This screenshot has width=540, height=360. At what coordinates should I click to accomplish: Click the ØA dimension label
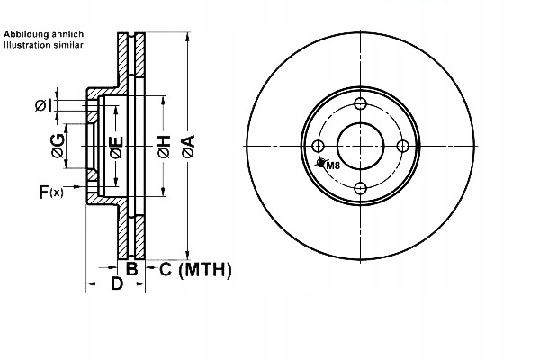(x=188, y=146)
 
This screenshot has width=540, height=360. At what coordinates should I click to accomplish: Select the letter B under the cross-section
(x=131, y=268)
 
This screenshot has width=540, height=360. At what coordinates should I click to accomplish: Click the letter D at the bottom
(x=117, y=285)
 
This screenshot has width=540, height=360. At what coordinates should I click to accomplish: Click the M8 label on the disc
(x=333, y=166)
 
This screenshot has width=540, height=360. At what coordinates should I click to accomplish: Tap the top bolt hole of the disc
(x=361, y=104)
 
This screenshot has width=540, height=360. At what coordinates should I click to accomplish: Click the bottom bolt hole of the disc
(x=361, y=187)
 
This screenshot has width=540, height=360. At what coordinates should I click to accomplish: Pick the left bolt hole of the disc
(x=319, y=146)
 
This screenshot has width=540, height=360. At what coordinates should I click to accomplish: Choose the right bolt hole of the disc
(x=402, y=146)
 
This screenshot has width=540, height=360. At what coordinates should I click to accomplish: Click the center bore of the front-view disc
(x=361, y=146)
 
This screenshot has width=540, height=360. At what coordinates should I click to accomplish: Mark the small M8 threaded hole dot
(x=321, y=163)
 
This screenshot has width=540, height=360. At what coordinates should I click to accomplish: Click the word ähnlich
(x=71, y=33)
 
